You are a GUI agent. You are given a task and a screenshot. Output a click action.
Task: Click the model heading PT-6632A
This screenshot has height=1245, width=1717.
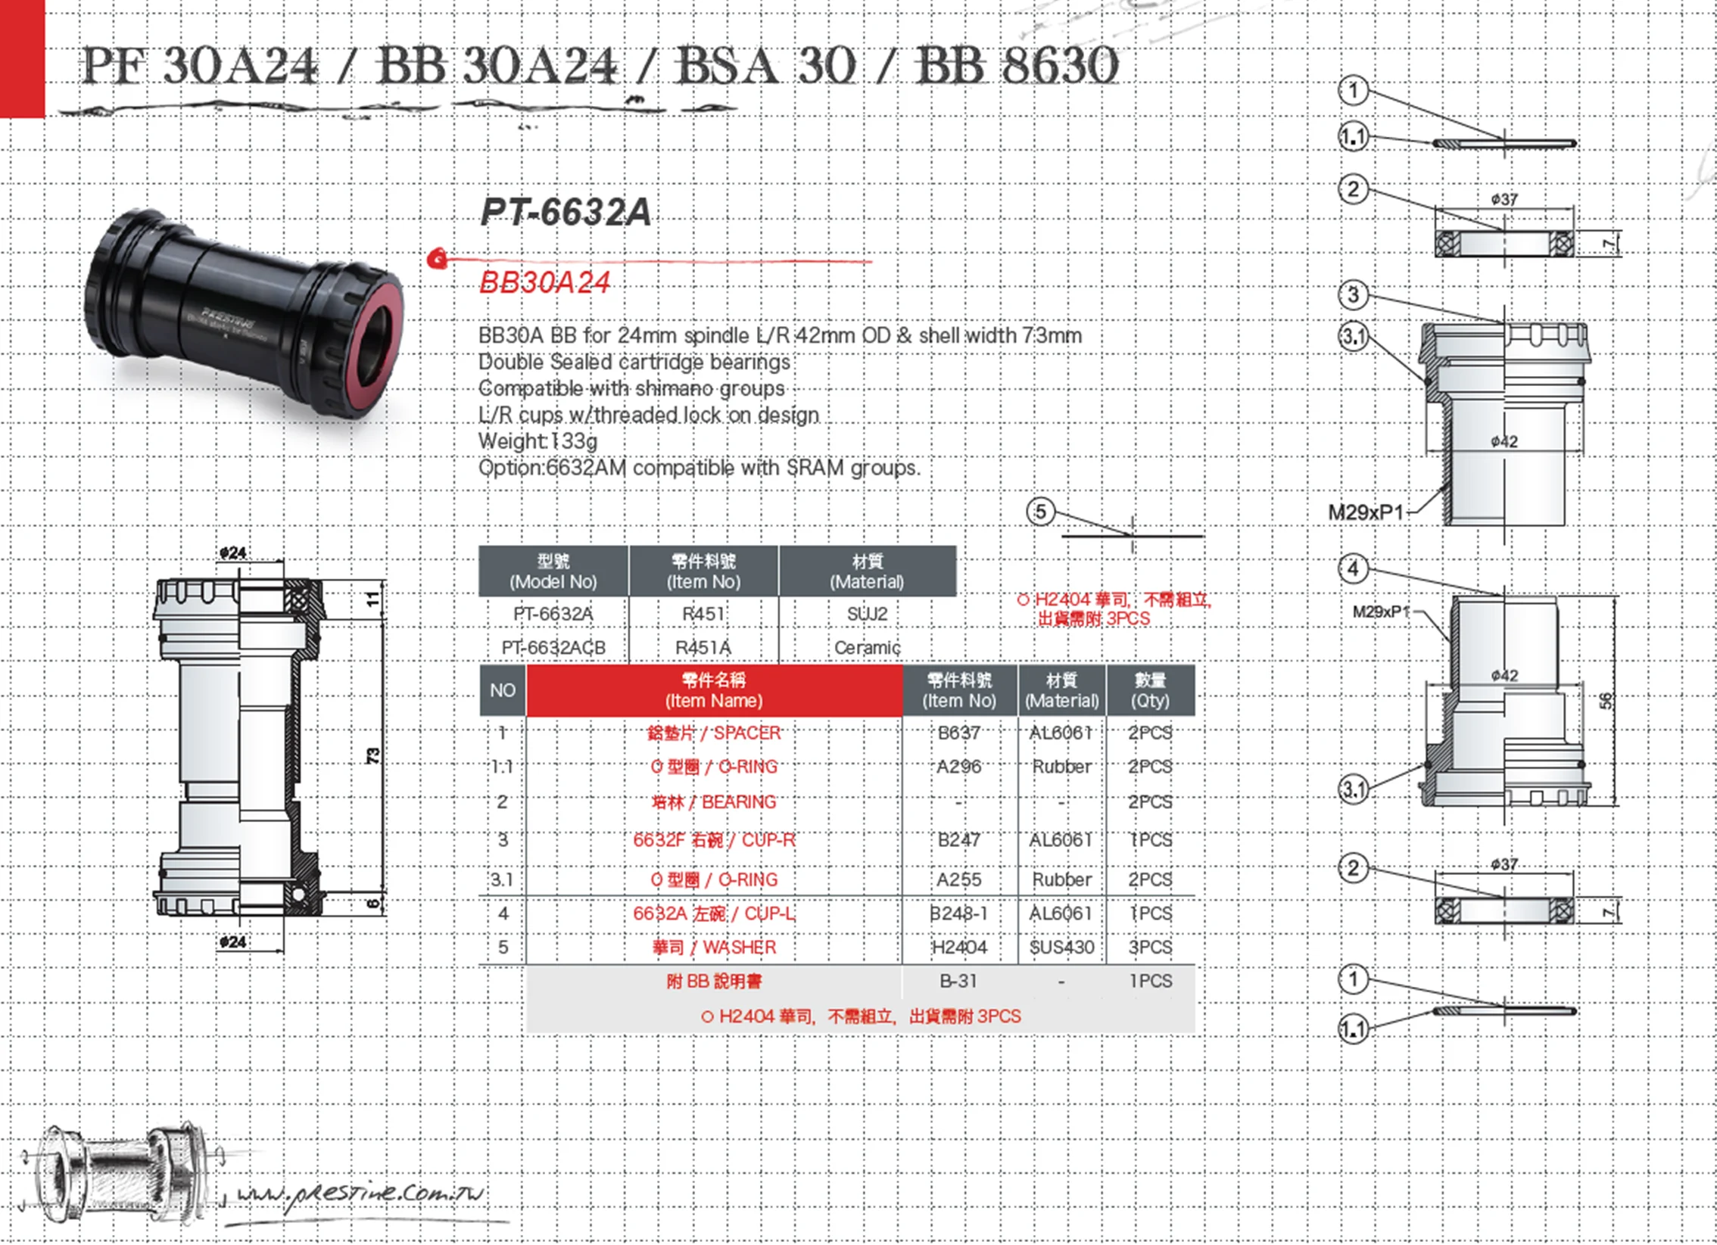566,212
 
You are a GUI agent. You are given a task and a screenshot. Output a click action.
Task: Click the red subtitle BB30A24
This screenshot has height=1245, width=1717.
544,282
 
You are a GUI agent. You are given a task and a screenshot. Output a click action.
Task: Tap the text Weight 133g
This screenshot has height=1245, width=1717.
538,440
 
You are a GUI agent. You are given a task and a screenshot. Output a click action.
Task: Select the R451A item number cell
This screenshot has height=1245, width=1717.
703,648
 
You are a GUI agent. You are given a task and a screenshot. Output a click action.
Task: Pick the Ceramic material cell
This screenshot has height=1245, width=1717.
868,648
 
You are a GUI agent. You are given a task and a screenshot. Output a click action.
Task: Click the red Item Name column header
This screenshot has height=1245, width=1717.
714,690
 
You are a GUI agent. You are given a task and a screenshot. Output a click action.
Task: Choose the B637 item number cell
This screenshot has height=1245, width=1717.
958,733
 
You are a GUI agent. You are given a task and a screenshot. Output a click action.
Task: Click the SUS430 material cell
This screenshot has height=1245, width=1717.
1061,947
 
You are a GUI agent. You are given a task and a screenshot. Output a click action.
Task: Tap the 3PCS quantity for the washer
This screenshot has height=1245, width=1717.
1150,947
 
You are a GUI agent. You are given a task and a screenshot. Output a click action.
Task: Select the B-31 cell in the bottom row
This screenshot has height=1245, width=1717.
958,981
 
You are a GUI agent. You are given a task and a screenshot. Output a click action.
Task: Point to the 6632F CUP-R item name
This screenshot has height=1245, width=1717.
714,840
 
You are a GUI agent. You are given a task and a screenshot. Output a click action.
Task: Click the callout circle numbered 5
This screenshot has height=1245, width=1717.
1041,512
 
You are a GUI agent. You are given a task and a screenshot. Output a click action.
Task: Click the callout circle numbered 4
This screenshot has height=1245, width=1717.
1354,568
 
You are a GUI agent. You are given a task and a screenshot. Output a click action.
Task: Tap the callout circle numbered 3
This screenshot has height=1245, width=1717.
1354,294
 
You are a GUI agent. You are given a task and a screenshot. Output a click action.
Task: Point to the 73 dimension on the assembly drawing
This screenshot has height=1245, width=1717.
373,755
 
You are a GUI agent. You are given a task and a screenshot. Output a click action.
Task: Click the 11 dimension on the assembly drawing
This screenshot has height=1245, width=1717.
372,599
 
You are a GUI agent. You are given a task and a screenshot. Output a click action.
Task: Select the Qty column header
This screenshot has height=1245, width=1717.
1150,690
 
